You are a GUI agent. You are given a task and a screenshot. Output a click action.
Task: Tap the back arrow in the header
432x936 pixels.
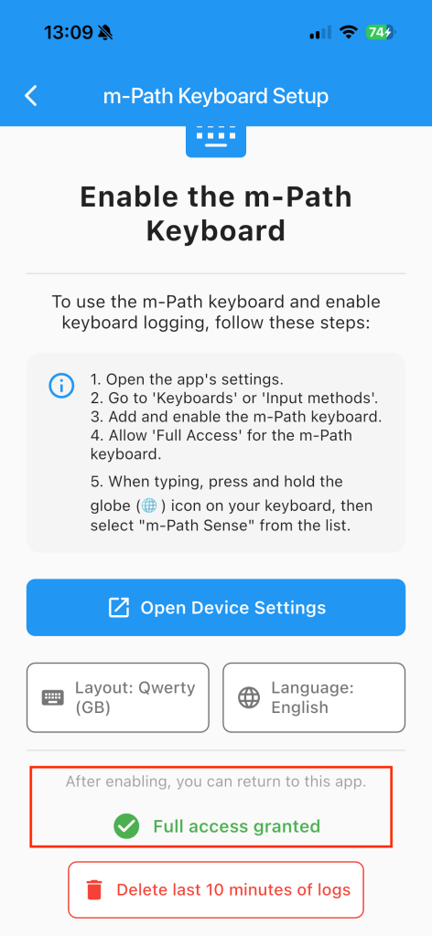[x=31, y=95]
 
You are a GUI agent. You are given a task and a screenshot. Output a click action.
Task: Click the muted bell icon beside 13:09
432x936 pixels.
[x=106, y=32]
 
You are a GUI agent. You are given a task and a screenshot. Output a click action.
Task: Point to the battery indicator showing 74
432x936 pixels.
[x=380, y=32]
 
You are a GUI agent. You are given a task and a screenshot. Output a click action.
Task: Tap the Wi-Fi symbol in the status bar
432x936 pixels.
[x=348, y=32]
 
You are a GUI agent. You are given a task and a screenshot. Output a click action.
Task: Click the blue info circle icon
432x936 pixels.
[x=61, y=385]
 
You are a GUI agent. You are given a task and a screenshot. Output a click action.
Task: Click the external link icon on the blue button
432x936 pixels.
[x=118, y=607]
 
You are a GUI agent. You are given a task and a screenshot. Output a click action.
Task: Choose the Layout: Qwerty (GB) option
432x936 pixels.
[x=118, y=697]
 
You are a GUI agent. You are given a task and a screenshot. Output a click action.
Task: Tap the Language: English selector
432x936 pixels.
[x=314, y=697]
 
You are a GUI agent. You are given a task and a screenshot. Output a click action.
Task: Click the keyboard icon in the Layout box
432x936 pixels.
[x=52, y=697]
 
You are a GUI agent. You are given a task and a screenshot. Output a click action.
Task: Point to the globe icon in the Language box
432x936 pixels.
[x=249, y=697]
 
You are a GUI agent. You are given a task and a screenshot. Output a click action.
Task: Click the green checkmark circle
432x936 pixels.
[x=126, y=826]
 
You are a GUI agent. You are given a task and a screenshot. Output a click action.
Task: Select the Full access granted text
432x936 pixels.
[x=237, y=826]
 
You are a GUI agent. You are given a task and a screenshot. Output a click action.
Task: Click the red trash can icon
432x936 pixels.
[x=93, y=889]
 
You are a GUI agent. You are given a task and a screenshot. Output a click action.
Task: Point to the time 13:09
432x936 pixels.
[x=68, y=32]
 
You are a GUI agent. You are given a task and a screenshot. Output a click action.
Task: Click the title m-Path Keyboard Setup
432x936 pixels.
[x=216, y=96]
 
